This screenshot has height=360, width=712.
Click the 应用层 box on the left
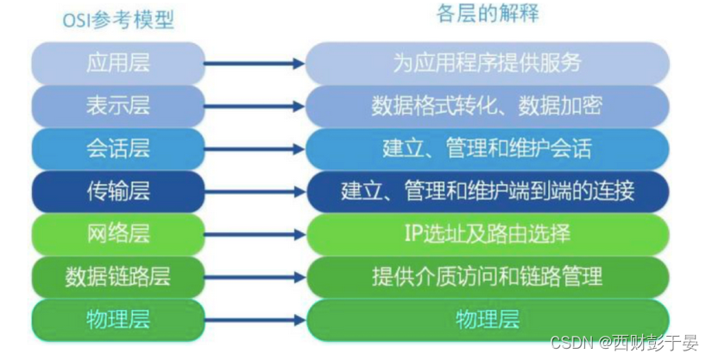(118, 63)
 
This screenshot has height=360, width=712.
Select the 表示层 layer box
(118, 105)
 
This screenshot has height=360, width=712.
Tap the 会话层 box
(118, 148)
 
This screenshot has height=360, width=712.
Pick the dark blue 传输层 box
(118, 191)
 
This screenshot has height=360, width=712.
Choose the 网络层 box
(118, 234)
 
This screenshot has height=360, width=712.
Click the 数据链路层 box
(118, 276)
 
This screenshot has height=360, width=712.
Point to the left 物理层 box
(118, 319)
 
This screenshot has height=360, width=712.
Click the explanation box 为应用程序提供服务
(488, 63)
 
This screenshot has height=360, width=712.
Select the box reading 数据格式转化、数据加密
(488, 105)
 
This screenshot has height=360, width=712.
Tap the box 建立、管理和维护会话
(488, 148)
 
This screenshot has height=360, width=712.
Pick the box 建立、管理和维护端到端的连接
(488, 191)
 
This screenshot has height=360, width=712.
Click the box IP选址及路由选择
(488, 234)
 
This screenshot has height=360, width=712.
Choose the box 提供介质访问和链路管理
(488, 276)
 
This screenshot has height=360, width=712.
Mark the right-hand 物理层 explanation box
(488, 319)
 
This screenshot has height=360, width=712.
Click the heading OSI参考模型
(118, 20)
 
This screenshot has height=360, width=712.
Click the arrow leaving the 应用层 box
(255, 63)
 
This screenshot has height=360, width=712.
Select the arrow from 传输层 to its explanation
(255, 191)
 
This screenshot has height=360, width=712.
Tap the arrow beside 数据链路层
(255, 276)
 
